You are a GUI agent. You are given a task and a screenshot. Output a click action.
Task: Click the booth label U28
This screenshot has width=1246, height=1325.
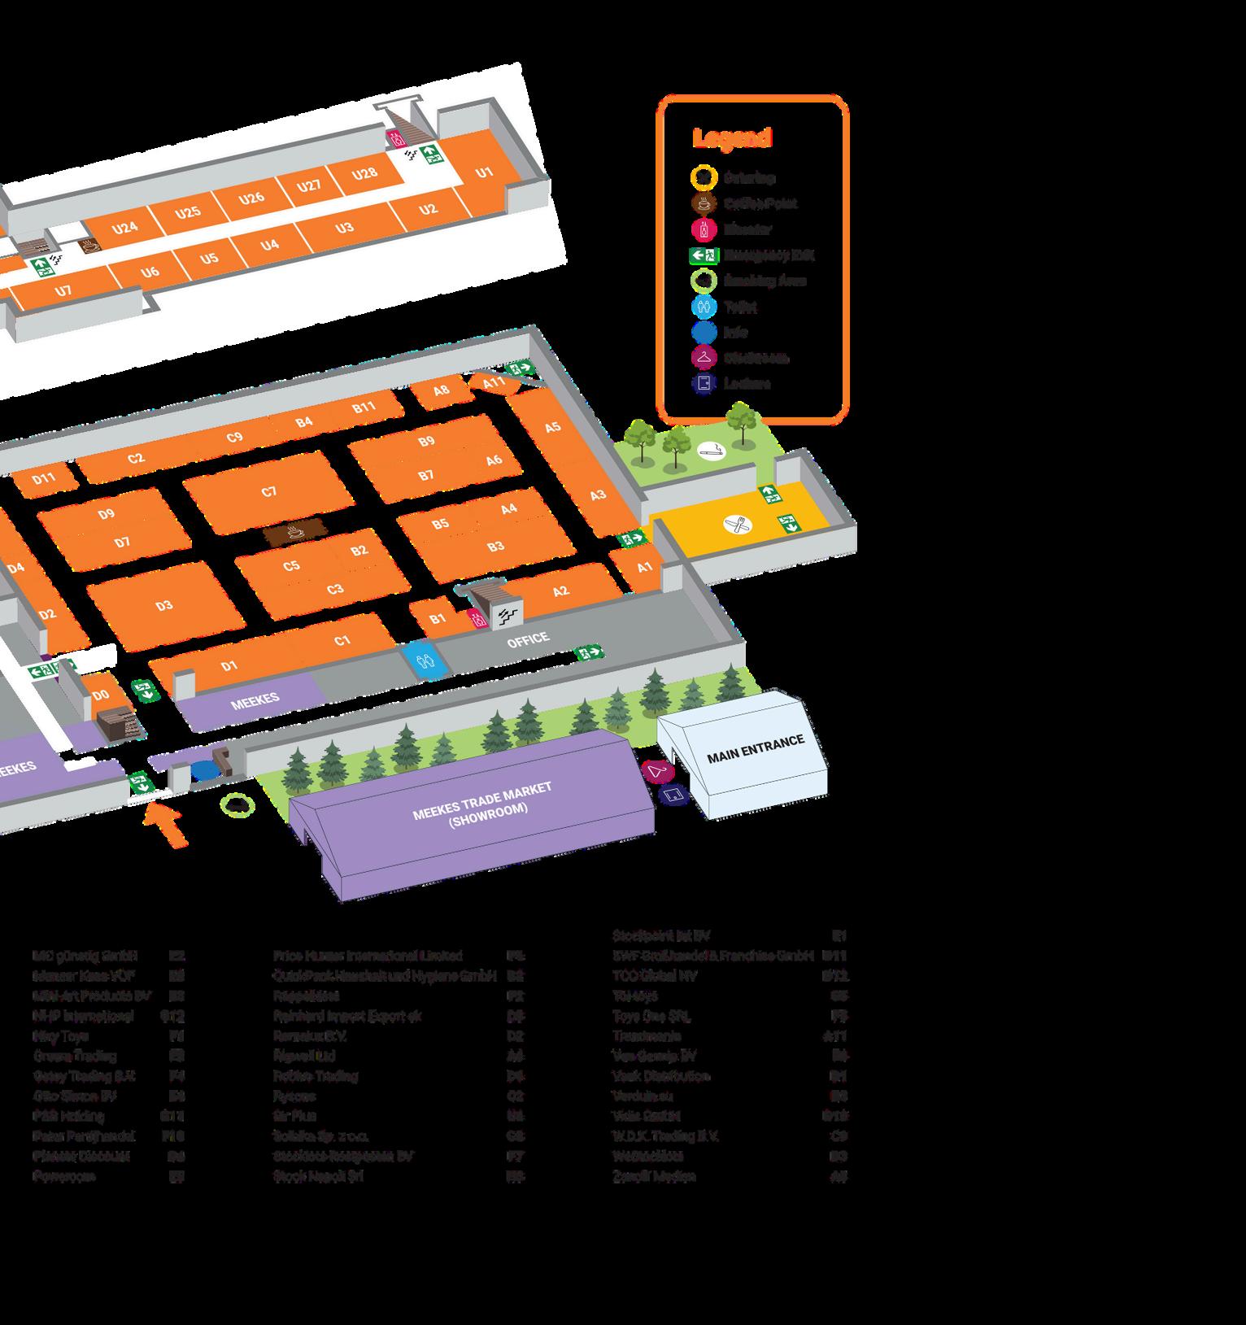[x=365, y=173]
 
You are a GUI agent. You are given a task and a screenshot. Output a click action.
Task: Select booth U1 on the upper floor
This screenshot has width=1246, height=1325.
[x=485, y=172]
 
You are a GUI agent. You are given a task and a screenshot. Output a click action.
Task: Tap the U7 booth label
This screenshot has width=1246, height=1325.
[x=63, y=290]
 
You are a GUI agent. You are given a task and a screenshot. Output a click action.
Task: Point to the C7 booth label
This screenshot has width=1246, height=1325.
[x=269, y=491]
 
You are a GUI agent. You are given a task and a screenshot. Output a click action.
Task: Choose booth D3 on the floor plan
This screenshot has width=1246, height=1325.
[x=164, y=605]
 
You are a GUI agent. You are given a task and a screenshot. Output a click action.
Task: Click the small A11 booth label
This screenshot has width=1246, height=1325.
[x=494, y=382]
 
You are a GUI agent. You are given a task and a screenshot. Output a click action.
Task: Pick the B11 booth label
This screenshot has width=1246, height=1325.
[x=364, y=407]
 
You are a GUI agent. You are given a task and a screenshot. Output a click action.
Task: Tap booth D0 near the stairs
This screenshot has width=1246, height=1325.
[x=101, y=695]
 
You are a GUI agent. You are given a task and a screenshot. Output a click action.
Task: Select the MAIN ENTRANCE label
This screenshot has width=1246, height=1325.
[x=755, y=748]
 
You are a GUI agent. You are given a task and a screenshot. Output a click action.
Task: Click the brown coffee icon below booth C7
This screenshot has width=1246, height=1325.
[x=294, y=534]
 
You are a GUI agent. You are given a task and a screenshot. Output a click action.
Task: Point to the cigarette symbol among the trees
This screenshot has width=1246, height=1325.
[x=712, y=449]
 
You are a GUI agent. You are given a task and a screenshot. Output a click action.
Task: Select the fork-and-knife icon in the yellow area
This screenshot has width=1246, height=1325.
[x=738, y=525]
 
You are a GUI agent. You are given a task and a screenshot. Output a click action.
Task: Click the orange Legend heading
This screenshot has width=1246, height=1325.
[x=731, y=138]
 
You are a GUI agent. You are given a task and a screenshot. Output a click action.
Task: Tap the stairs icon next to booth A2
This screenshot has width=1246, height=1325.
[x=508, y=616]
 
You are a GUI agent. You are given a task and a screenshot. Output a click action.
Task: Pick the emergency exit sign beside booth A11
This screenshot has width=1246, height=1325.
[x=518, y=368]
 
